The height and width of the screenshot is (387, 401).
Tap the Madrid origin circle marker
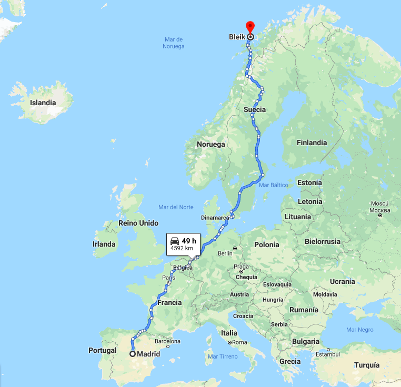click(x=133, y=354)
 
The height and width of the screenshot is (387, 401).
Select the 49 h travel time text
click(x=189, y=241)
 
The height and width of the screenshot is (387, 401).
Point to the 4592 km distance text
click(x=182, y=248)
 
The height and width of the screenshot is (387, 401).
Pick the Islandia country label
click(x=43, y=103)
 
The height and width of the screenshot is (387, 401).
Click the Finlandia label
click(x=312, y=142)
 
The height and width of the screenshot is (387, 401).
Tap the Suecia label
click(x=255, y=109)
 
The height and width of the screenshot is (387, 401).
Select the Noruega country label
click(x=211, y=144)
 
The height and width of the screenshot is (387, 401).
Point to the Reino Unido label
click(x=138, y=223)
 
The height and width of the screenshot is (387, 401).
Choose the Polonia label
click(x=266, y=245)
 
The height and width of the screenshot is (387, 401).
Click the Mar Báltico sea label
click(x=274, y=185)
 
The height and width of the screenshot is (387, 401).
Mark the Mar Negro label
click(x=360, y=330)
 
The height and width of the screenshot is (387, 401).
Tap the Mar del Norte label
click(x=176, y=207)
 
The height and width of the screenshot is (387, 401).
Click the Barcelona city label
click(x=168, y=341)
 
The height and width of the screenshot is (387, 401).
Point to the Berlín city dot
click(x=235, y=248)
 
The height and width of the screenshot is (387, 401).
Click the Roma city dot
click(x=230, y=342)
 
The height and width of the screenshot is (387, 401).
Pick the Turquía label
click(x=367, y=365)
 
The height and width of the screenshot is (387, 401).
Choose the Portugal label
click(x=103, y=350)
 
